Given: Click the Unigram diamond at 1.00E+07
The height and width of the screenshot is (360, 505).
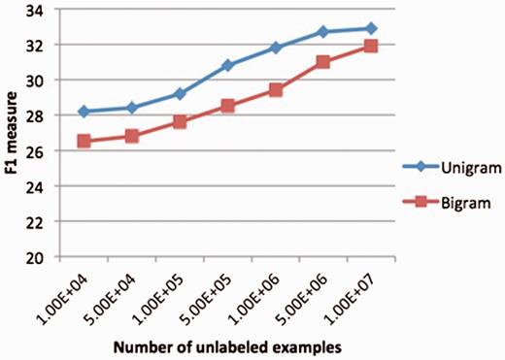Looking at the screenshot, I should point(370,28).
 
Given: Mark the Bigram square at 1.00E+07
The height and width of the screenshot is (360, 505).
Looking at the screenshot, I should point(370,46).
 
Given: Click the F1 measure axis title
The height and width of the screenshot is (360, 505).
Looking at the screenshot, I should point(14,133).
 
